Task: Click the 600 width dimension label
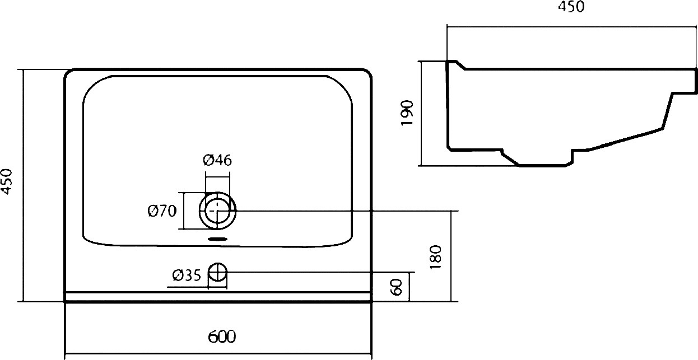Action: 222,336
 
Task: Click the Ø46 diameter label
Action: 217,160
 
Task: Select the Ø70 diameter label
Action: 162,211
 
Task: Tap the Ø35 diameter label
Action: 187,275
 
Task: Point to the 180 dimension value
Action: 435,257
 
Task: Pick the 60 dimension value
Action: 396,287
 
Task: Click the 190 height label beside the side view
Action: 407,113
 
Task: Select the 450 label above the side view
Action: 571,7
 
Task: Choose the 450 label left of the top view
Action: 6,181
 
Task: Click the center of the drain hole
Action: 217,211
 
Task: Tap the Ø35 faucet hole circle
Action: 217,272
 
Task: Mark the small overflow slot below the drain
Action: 217,239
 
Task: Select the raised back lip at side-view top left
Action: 455,64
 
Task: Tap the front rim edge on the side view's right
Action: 696,81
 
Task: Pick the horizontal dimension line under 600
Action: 218,354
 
